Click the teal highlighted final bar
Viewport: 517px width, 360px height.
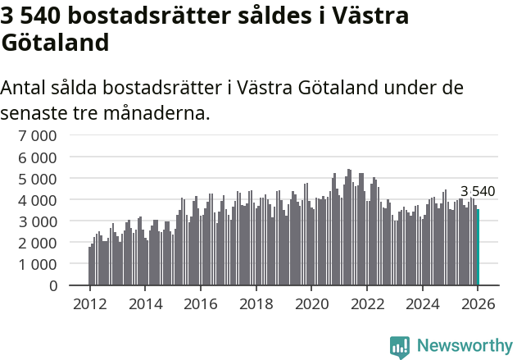478,247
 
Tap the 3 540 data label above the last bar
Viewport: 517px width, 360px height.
478,191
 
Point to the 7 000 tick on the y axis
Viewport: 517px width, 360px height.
39,135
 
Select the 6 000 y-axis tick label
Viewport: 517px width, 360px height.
39,157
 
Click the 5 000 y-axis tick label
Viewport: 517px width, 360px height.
39,178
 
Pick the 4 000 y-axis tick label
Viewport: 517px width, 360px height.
39,199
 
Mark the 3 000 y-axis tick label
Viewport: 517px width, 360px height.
39,221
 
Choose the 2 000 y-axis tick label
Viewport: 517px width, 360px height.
39,243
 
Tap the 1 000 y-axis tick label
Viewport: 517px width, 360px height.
39,264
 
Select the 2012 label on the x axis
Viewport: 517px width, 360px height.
89,304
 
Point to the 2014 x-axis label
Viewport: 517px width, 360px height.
145,304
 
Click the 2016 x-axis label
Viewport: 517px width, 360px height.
200,304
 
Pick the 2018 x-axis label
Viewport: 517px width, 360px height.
256,304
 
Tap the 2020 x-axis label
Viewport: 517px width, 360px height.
311,304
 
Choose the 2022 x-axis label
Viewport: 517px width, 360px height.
366,304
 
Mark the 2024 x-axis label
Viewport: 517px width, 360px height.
422,304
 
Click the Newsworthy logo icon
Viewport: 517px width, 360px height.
400,347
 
